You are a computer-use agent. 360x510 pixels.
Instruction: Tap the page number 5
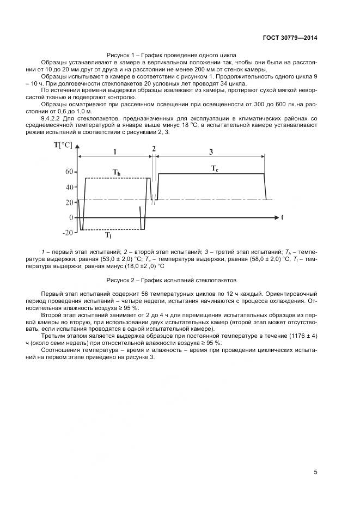click(x=315, y=472)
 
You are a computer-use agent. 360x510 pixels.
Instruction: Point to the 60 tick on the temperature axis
click(x=69, y=171)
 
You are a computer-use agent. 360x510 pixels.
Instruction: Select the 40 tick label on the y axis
click(x=69, y=187)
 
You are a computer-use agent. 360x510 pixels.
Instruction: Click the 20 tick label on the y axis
click(x=69, y=202)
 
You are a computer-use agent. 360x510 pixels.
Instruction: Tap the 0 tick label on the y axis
click(x=71, y=217)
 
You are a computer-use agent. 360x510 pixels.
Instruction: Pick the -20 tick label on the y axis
click(x=68, y=233)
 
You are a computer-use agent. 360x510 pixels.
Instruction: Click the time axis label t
click(x=282, y=217)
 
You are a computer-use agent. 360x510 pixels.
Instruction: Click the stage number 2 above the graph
click(x=154, y=149)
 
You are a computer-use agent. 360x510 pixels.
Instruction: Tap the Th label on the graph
click(x=116, y=173)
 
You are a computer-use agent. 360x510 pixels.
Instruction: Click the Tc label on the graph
click(x=215, y=169)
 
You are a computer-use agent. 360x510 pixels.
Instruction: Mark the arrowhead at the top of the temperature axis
click(x=80, y=145)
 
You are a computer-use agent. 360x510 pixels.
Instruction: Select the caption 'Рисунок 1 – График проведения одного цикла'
click(x=171, y=55)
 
